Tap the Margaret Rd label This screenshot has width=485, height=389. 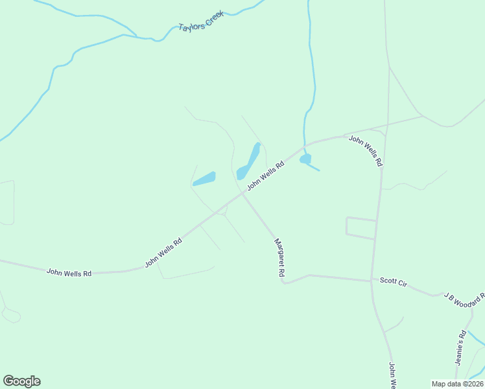coord(279,258)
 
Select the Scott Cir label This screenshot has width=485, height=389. coord(393,282)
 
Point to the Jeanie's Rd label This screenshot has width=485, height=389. coord(461,348)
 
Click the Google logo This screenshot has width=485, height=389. coord(21,381)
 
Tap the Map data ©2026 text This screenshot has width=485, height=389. coord(457,384)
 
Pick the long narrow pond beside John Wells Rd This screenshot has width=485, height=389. coord(249,161)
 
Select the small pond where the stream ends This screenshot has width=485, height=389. coord(305,158)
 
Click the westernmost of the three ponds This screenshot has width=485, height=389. coord(204,178)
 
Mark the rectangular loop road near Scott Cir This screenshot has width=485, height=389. coord(361,228)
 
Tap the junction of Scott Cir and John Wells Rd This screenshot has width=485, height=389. coord(372,281)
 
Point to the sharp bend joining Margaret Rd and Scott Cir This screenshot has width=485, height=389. coord(284,283)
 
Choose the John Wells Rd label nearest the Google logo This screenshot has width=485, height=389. coord(69,273)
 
